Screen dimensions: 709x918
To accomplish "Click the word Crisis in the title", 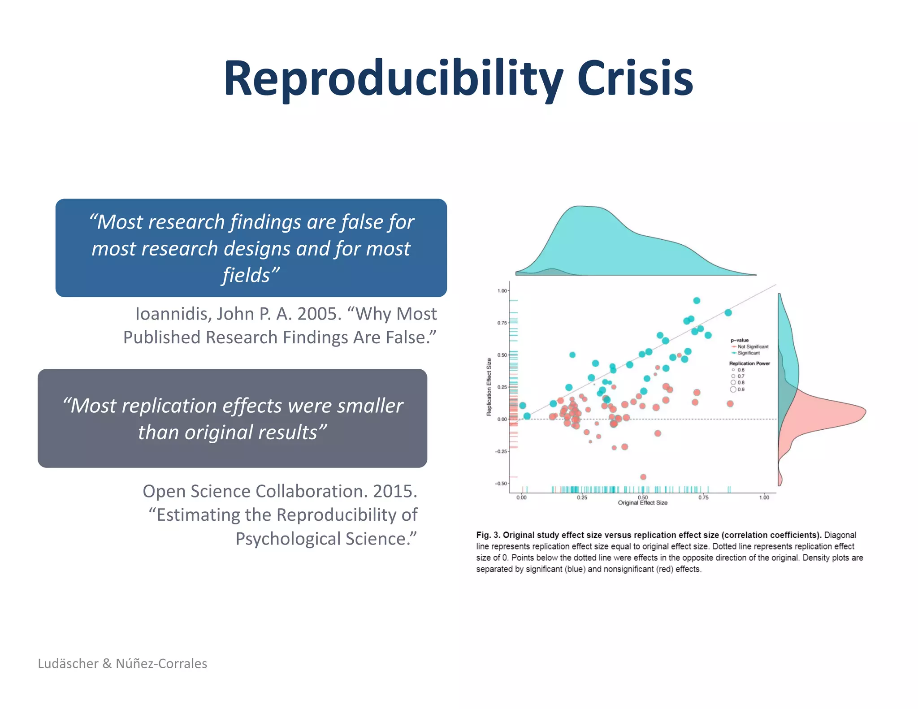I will tap(635, 79).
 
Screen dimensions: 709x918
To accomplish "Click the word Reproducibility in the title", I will tap(393, 79).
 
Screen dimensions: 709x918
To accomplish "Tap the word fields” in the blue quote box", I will tap(251, 275).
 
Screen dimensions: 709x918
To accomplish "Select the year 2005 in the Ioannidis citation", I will tap(319, 314).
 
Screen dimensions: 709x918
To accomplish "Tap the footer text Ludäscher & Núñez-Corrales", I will tap(122, 663).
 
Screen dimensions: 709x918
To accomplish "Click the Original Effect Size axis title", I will tap(642, 503).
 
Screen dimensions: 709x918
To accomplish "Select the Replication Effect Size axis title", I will tap(489, 387).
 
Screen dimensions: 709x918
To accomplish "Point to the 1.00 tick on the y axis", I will tap(502, 291).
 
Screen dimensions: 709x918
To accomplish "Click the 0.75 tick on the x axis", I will tap(703, 497).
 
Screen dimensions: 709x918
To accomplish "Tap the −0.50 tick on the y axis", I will tap(501, 484).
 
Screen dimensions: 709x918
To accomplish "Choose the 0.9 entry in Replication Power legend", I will tap(740, 389).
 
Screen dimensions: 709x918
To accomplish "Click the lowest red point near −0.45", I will tap(643, 477).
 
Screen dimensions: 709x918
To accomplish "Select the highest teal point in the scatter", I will tap(697, 301).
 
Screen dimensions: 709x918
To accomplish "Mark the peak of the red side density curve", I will tap(865, 411).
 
